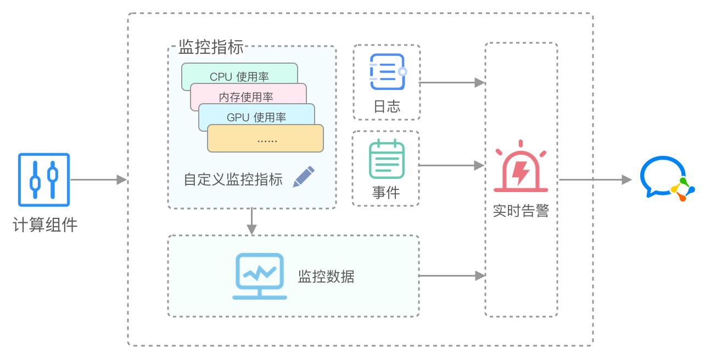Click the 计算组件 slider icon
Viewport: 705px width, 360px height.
point(44,179)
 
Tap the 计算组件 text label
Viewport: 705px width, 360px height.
point(45,225)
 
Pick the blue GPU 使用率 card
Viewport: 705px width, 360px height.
point(256,116)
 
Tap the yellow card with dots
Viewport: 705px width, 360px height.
point(266,139)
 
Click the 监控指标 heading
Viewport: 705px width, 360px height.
point(211,47)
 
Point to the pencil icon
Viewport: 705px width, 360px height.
point(304,176)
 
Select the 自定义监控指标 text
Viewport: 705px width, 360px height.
point(233,179)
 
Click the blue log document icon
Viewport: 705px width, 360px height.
point(387,72)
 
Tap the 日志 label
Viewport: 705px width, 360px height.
point(387,106)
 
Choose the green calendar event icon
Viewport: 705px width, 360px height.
point(387,159)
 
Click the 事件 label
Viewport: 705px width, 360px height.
point(386,193)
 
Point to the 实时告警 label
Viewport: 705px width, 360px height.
point(521,211)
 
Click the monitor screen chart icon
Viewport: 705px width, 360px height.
point(260,275)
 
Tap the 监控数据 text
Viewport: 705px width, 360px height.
point(326,276)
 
